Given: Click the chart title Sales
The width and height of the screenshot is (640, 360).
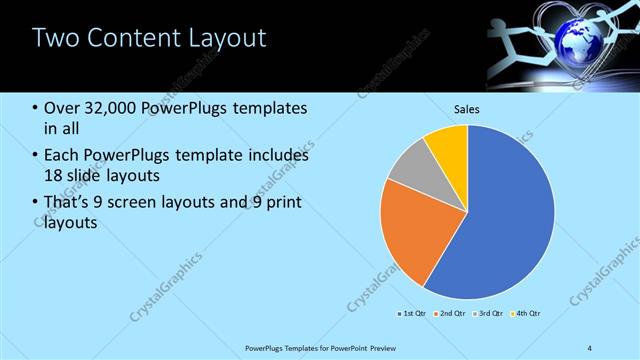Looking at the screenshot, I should (467, 108).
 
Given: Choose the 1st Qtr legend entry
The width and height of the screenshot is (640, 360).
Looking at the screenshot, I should (412, 314).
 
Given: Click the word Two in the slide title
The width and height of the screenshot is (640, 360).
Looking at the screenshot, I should (56, 39).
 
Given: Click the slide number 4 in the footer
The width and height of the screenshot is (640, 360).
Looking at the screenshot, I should (590, 347).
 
